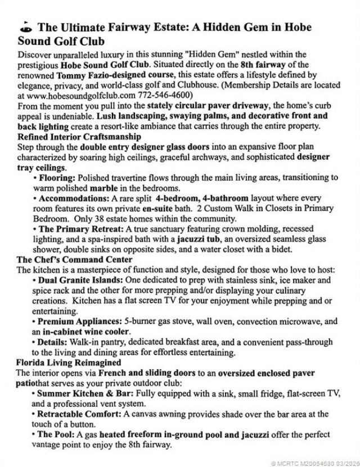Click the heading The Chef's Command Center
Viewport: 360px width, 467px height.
(x=74, y=259)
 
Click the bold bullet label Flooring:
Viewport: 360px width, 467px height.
(x=56, y=178)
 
